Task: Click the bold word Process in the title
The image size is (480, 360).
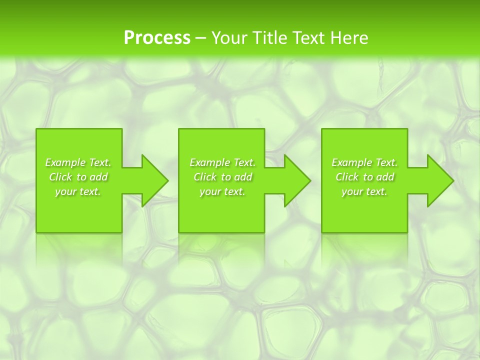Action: [157, 37]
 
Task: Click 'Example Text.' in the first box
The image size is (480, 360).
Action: [78, 162]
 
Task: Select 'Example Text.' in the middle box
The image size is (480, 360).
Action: [222, 162]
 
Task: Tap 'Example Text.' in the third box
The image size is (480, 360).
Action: [364, 162]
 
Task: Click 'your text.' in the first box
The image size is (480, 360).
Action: [78, 191]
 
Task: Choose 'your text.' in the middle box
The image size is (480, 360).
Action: [222, 191]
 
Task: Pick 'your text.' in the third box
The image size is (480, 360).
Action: [364, 191]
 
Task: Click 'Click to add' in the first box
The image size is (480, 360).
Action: [78, 177]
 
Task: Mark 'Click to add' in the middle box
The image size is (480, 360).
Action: [222, 177]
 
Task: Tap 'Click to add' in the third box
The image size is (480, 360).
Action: [364, 177]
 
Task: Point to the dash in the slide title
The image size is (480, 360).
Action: [200, 38]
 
